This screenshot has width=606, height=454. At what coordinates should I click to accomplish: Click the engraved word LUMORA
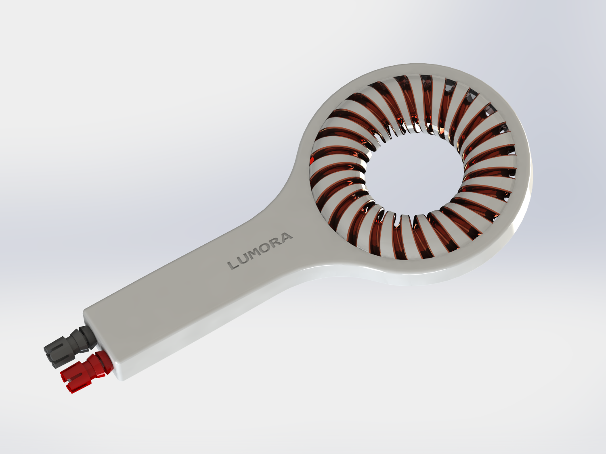pyautogui.click(x=260, y=251)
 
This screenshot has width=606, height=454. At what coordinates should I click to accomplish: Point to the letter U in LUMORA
pyautogui.click(x=245, y=258)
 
